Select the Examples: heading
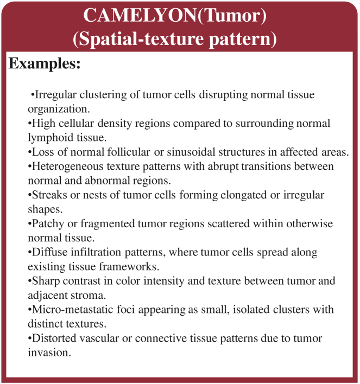45,63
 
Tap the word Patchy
47,224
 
